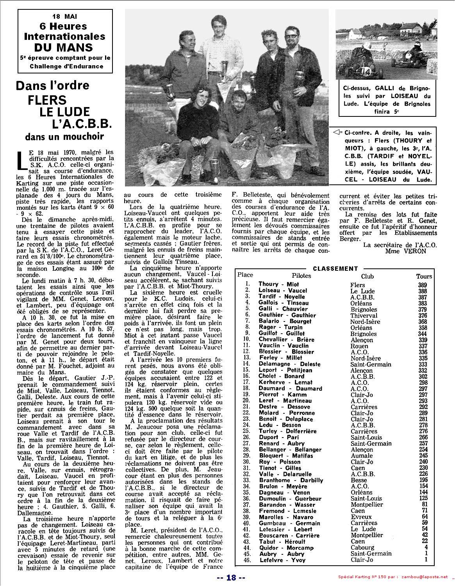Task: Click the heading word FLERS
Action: [47, 100]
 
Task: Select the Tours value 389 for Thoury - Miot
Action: [422, 285]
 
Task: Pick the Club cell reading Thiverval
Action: [364, 315]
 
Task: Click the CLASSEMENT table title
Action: [335, 268]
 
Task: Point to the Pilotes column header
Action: [301, 276]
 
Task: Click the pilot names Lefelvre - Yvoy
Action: [282, 560]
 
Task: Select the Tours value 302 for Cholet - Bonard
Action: [422, 376]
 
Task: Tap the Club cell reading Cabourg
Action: [362, 548]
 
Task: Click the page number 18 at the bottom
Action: [231, 578]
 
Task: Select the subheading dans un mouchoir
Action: [64, 137]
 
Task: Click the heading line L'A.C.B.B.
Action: [82, 124]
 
